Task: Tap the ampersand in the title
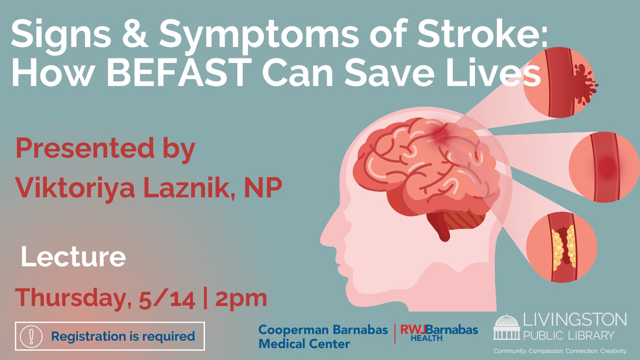(135, 34)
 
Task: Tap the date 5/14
(167, 299)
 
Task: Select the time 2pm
(241, 299)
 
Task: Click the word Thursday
(70, 298)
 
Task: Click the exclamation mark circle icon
(31, 336)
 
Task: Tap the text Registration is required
(123, 336)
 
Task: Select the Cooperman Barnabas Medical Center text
(323, 336)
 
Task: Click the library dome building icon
(507, 327)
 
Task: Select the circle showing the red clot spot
(604, 167)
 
